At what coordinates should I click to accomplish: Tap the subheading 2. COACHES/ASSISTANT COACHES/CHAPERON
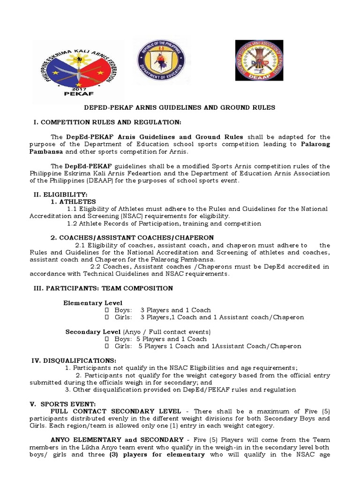point(132,238)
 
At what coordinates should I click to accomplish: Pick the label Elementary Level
point(93,303)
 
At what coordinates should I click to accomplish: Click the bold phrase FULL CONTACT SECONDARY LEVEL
point(116,411)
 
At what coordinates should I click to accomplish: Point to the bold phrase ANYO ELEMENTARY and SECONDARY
point(117,440)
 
